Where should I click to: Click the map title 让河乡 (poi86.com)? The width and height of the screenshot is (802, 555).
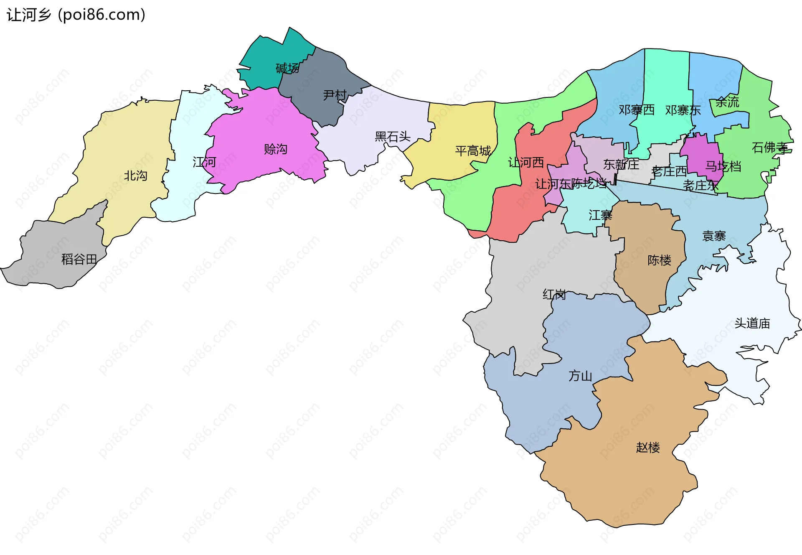click(x=76, y=15)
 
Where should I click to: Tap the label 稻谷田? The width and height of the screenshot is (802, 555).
click(x=79, y=260)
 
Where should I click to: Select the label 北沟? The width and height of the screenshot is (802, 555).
click(x=135, y=176)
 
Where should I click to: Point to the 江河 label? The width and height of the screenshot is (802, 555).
click(x=204, y=162)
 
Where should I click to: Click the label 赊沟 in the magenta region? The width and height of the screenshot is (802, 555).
click(x=276, y=149)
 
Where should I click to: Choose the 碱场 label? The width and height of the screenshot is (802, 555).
click(x=287, y=68)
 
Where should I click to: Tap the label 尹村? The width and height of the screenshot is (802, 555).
click(x=335, y=95)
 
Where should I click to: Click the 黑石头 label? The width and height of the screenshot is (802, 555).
click(x=393, y=137)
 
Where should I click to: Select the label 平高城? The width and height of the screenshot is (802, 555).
click(x=473, y=151)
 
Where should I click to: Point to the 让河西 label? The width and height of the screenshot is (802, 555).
click(x=526, y=163)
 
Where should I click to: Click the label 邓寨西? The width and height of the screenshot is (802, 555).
click(x=637, y=110)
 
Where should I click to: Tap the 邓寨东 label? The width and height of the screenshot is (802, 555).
click(x=683, y=110)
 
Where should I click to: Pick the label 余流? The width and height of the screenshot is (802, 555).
click(x=727, y=102)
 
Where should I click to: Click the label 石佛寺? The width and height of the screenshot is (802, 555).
click(x=769, y=148)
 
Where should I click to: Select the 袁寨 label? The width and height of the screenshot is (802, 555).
click(x=714, y=236)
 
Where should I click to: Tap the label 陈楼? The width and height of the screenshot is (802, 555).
click(x=659, y=260)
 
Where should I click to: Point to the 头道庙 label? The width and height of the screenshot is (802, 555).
click(x=752, y=323)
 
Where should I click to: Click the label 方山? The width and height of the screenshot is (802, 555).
click(x=580, y=376)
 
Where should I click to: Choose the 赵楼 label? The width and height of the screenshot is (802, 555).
click(x=648, y=448)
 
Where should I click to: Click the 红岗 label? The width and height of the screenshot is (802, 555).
click(x=554, y=295)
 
